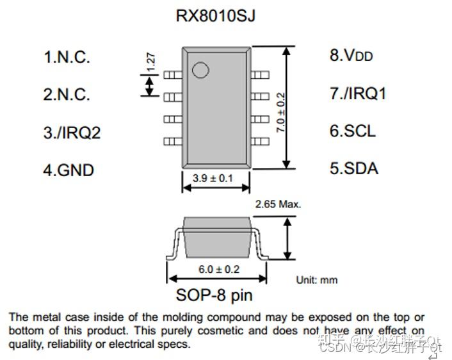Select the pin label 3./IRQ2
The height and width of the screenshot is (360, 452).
tap(72, 133)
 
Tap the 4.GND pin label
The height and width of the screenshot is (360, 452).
tap(68, 170)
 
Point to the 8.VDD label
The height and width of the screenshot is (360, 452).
tap(351, 56)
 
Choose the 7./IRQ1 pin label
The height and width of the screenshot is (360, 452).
tap(358, 94)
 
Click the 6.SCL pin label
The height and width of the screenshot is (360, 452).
tap(352, 131)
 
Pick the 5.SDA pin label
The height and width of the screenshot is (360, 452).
tap(353, 168)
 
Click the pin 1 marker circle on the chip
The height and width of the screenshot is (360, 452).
tap(200, 70)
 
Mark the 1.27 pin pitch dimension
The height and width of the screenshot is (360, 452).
tap(150, 61)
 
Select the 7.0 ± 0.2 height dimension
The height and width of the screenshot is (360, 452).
tap(280, 112)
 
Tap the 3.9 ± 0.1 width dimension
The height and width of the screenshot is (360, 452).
tap(213, 177)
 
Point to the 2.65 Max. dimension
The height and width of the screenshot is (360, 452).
tap(278, 204)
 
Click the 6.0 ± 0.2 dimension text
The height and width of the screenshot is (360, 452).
tap(218, 269)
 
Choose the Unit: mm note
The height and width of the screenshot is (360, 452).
tap(316, 280)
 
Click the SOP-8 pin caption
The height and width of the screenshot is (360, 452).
tap(214, 295)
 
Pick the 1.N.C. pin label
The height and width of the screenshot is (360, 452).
tap(66, 56)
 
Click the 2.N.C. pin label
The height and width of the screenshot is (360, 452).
tap(66, 94)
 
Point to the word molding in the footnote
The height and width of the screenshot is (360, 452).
tap(196, 317)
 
